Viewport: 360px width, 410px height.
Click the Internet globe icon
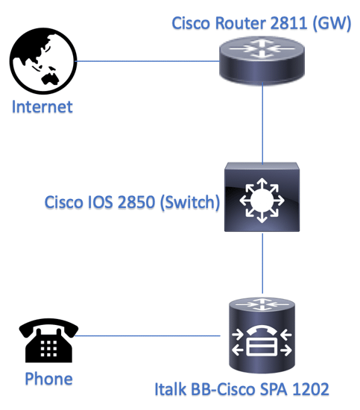click(x=43, y=61)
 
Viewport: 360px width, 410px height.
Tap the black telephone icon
click(x=48, y=340)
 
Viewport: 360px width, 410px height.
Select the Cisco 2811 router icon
click(x=262, y=60)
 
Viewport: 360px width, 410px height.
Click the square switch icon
click(x=262, y=197)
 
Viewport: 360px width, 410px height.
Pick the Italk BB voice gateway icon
click(x=262, y=335)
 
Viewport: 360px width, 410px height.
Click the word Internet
click(x=42, y=107)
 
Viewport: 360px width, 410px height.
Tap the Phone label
click(x=48, y=379)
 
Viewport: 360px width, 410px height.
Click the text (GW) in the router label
click(x=332, y=24)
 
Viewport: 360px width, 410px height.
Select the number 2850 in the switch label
click(x=136, y=202)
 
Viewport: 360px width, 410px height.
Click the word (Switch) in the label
click(x=190, y=203)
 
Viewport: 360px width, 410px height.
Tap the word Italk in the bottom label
click(x=171, y=389)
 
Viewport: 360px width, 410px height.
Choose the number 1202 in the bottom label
click(x=310, y=389)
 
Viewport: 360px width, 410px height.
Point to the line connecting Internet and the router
click(x=148, y=61)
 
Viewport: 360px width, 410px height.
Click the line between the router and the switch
click(x=262, y=124)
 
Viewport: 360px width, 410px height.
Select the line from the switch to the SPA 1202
click(x=262, y=263)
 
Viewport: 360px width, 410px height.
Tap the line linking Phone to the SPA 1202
click(x=148, y=335)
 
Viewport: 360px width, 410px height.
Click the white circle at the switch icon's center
click(x=262, y=201)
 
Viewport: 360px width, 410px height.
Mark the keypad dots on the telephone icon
click(x=48, y=349)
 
